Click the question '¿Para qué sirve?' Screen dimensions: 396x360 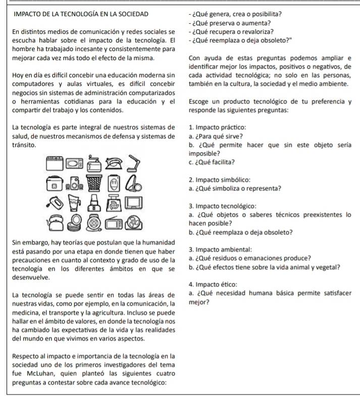(x=216, y=136)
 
